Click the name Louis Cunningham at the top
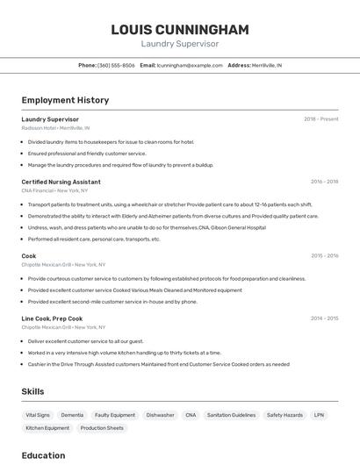click(179, 30)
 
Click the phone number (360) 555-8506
click(116, 65)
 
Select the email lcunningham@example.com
click(190, 65)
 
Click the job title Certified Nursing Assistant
click(61, 182)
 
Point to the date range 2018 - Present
click(320, 119)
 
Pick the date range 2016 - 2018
click(324, 182)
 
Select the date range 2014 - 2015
click(324, 318)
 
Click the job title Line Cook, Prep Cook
click(52, 318)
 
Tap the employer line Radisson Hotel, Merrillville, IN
click(55, 127)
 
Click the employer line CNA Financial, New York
click(55, 190)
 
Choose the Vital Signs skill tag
click(38, 415)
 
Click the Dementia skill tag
click(72, 415)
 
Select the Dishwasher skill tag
click(160, 415)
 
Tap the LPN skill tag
click(319, 415)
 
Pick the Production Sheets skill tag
click(102, 428)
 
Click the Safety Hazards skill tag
click(284, 415)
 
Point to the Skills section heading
click(33, 391)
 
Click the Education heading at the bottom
click(43, 455)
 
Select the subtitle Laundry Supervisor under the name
click(179, 43)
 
